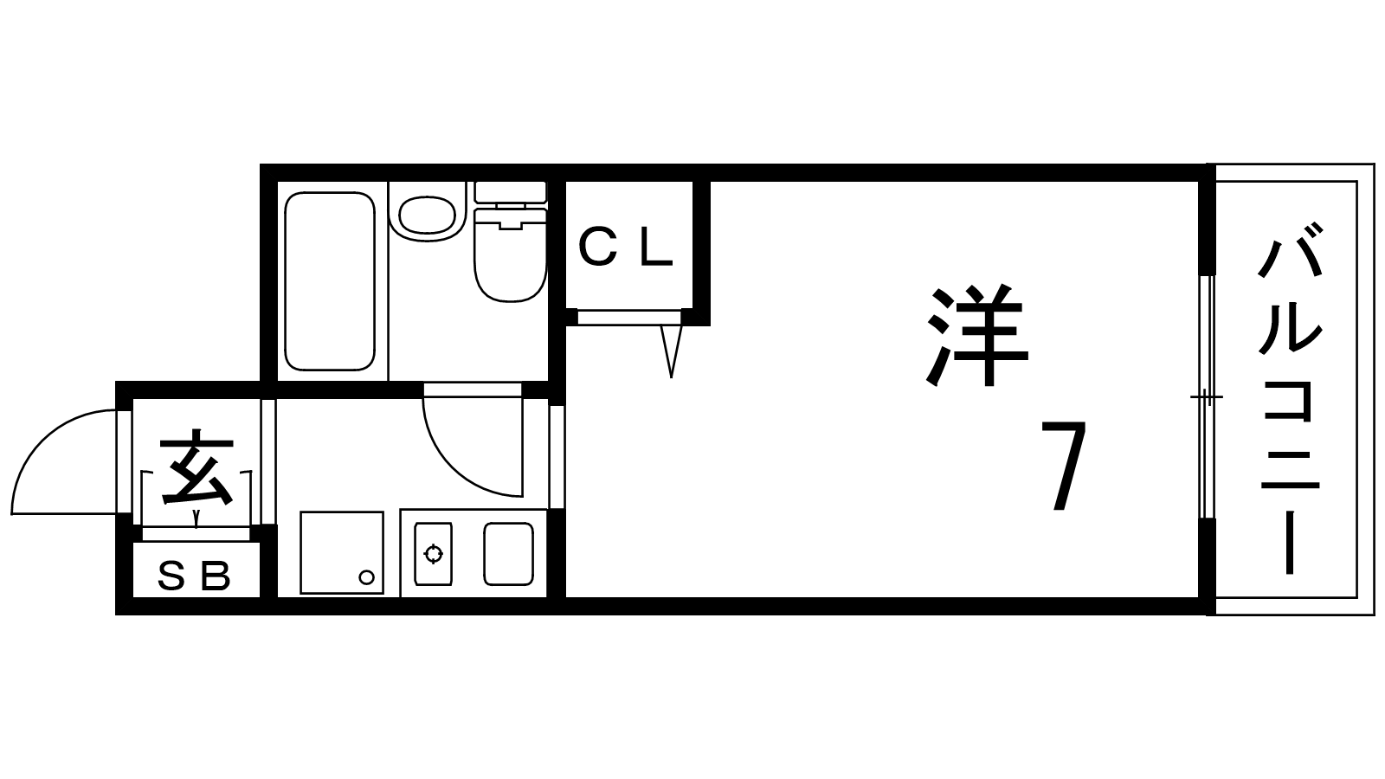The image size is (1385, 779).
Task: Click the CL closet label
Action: coord(625,248)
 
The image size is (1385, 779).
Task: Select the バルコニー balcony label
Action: coord(1290,398)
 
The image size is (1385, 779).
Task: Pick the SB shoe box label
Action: coord(195,576)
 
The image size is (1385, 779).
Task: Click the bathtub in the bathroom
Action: coord(329,281)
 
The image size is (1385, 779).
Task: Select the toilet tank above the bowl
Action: coord(511,191)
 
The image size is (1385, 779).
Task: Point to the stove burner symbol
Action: coord(433,553)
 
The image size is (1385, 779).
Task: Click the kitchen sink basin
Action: coord(508,554)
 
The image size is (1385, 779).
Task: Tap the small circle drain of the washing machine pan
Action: coord(366,577)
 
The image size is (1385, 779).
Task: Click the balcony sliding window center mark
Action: coord(1206,398)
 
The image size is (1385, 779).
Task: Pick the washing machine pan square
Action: coord(341,552)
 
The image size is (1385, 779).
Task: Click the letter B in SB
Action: coord(216,576)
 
